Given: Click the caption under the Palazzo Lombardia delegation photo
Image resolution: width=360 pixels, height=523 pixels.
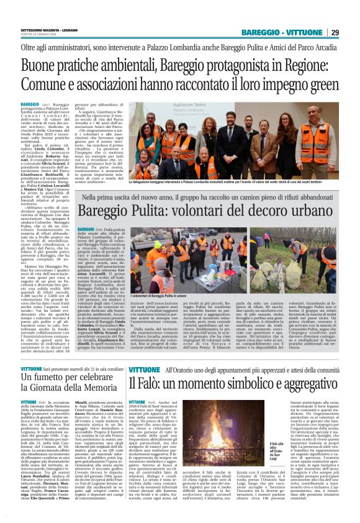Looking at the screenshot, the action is click(235, 181).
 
